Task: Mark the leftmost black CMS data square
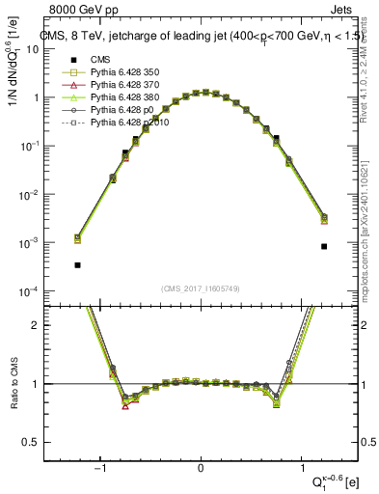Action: pos(77,264)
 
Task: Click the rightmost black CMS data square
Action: pos(324,246)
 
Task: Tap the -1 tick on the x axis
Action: pos(100,470)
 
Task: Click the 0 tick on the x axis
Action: pos(201,470)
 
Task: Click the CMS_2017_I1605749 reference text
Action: pos(200,288)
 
